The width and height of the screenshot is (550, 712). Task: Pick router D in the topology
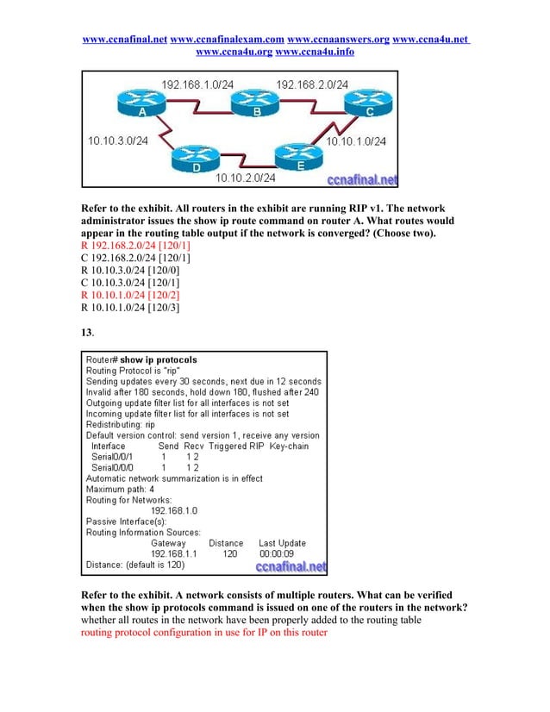pos(197,159)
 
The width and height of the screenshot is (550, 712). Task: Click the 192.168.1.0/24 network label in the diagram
pos(199,84)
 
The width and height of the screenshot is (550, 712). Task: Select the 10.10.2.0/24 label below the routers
pos(246,178)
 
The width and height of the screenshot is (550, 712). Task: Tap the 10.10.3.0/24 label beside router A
pos(118,140)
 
